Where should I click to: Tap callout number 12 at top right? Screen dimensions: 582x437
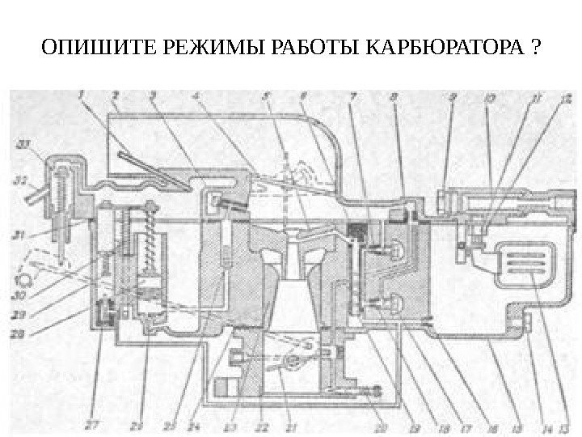click(x=566, y=99)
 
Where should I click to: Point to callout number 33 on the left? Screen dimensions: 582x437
click(x=22, y=146)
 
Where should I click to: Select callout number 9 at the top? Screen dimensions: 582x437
click(x=453, y=96)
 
